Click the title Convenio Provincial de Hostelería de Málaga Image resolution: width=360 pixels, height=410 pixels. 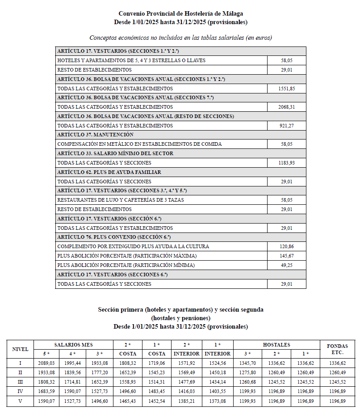(180, 14)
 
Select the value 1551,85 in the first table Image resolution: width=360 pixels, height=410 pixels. (286, 89)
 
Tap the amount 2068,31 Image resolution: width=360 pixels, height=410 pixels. (286, 107)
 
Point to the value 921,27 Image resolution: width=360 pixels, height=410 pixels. (286, 126)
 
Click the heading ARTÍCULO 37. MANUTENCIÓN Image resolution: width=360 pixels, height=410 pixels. (96, 135)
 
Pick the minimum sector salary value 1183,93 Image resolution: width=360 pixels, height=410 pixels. (286, 163)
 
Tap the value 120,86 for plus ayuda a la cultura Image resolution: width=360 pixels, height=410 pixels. (286, 246)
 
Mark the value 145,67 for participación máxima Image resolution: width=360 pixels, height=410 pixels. (286, 256)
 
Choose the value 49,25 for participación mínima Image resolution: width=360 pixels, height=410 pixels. (286, 265)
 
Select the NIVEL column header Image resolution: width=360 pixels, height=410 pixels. (20, 349)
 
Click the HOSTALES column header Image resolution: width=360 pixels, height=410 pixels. (276, 345)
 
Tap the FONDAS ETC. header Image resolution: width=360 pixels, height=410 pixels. (337, 349)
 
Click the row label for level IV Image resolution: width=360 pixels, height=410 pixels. (20, 391)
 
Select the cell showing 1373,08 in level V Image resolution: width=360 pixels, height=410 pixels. (217, 400)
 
